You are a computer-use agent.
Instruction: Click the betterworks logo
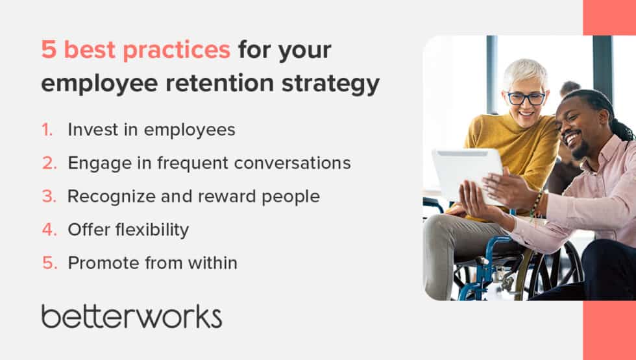pyautogui.click(x=132, y=316)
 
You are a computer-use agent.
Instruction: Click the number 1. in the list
pyautogui.click(x=47, y=130)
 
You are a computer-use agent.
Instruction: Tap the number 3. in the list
pyautogui.click(x=49, y=197)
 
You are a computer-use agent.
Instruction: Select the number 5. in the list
pyautogui.click(x=49, y=263)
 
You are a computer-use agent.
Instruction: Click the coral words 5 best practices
pyautogui.click(x=136, y=49)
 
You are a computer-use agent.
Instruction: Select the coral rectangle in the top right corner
pyautogui.click(x=609, y=17)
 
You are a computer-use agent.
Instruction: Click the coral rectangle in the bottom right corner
pyautogui.click(x=609, y=330)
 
